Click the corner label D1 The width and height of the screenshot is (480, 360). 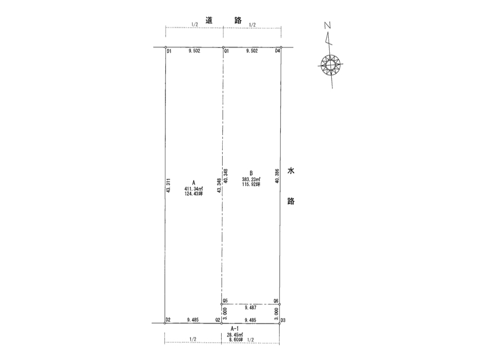[169, 52]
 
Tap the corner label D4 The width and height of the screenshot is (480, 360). [278, 51]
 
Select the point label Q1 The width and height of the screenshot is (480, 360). [226, 52]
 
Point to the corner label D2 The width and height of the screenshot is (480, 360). [168, 320]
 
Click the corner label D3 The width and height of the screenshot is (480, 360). [283, 320]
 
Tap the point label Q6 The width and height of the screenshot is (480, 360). [276, 301]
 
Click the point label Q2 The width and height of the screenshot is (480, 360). [218, 320]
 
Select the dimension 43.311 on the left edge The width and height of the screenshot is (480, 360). [168, 186]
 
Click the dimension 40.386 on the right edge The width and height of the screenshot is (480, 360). [278, 176]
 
